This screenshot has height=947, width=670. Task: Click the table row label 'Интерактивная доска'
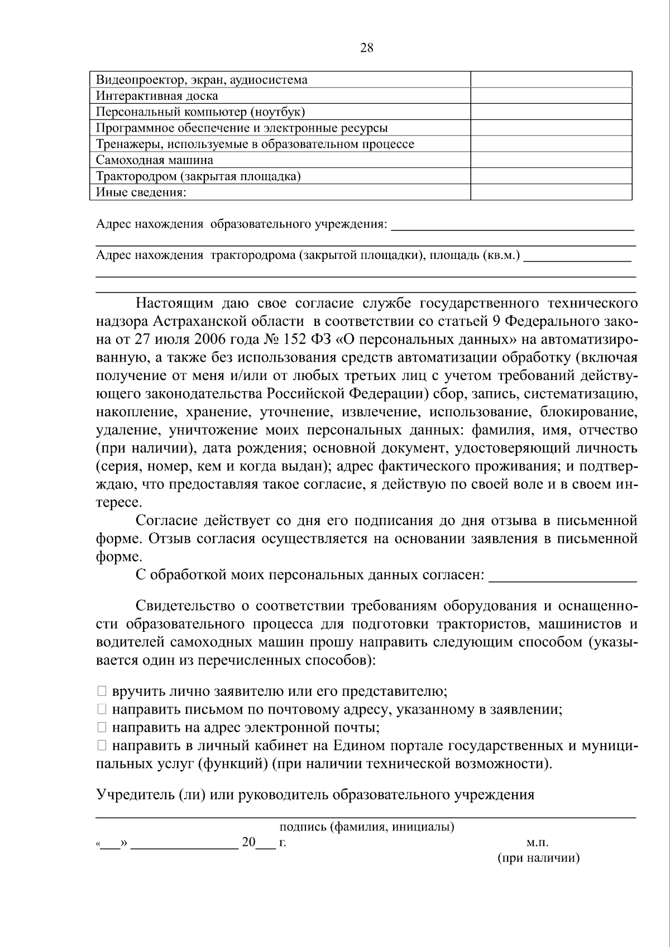(157, 96)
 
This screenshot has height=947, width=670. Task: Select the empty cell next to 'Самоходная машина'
(551, 160)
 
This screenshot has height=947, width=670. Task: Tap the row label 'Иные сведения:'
(141, 193)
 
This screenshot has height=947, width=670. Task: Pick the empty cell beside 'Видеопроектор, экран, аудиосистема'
(551, 80)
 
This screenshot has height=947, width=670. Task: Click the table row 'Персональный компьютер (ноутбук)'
(200, 112)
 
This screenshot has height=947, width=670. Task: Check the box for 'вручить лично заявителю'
(102, 691)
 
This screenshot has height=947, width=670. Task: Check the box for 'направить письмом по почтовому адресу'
(102, 709)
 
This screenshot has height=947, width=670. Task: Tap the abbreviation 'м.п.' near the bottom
(538, 843)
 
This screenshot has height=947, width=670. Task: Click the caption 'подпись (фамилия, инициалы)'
(366, 827)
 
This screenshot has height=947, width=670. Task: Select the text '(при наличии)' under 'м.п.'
(538, 858)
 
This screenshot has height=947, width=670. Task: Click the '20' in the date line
(248, 843)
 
